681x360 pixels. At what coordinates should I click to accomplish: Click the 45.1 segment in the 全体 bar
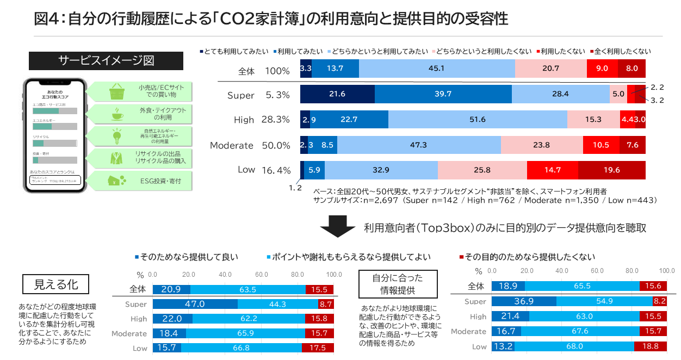pos(437,69)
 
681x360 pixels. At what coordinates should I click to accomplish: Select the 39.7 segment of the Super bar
pos(443,94)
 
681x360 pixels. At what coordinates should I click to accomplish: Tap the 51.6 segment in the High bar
pos(478,120)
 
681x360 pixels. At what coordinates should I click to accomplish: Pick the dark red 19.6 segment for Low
pos(611,170)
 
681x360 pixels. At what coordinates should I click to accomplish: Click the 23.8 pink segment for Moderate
pos(541,145)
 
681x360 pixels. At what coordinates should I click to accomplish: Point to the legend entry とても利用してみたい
pos(234,52)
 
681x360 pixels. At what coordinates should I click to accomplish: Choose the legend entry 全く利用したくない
pos(620,52)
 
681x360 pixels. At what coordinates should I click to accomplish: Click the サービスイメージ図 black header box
pos(106,61)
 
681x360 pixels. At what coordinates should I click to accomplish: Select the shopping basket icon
pos(116,91)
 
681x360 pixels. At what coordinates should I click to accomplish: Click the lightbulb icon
pos(116,136)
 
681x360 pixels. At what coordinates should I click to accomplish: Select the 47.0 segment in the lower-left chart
pos(195,304)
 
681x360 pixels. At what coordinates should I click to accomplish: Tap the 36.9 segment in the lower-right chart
pos(524,301)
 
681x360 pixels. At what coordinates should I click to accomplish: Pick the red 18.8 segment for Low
pos(651,346)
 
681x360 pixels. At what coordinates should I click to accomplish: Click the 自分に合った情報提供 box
pos(398,284)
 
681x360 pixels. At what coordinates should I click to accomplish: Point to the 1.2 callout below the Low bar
pos(295,188)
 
